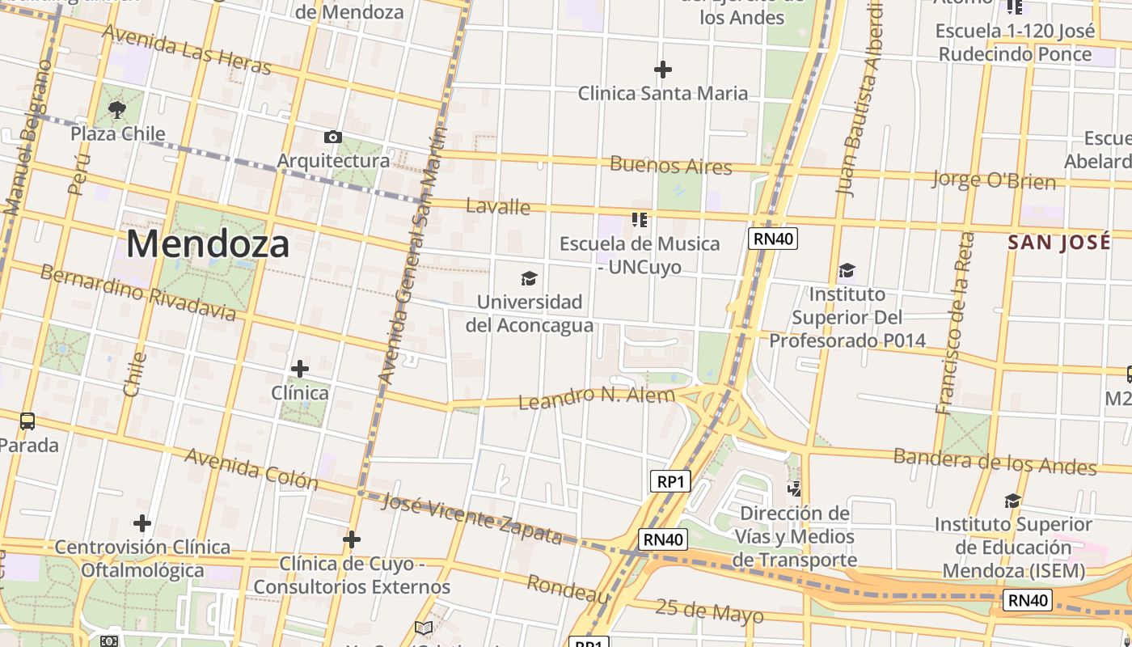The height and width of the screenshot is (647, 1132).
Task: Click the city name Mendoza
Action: pyautogui.click(x=208, y=243)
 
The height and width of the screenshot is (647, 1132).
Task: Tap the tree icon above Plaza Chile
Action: pyautogui.click(x=116, y=109)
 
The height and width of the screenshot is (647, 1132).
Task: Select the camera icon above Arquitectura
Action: pyautogui.click(x=332, y=137)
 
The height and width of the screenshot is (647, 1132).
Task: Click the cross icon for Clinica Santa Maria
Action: pyautogui.click(x=662, y=70)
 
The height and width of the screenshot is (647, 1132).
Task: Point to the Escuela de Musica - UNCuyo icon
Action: pyautogui.click(x=640, y=219)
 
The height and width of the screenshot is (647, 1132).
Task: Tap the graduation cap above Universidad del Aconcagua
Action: pyautogui.click(x=529, y=278)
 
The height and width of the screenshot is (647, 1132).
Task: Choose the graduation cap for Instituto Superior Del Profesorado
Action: pyautogui.click(x=847, y=270)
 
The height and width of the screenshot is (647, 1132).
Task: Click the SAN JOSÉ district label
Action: pyautogui.click(x=1058, y=242)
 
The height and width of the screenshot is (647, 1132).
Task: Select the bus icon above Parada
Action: pyautogui.click(x=27, y=421)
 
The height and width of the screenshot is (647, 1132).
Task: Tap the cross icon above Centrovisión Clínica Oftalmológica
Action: pyautogui.click(x=142, y=523)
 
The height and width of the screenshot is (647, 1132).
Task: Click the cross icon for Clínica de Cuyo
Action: pyautogui.click(x=352, y=539)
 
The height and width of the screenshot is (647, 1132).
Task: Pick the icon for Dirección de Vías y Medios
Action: pyautogui.click(x=795, y=488)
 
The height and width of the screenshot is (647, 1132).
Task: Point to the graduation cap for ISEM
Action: pyautogui.click(x=1012, y=501)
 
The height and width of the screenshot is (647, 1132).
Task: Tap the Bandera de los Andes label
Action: pyautogui.click(x=995, y=461)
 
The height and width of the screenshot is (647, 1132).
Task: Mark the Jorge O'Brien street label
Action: pyautogui.click(x=993, y=180)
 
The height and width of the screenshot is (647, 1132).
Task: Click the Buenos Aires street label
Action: pyautogui.click(x=670, y=166)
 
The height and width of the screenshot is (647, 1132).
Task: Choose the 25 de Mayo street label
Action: pyautogui.click(x=709, y=612)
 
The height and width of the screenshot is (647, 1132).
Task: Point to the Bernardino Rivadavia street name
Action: pyautogui.click(x=138, y=292)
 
